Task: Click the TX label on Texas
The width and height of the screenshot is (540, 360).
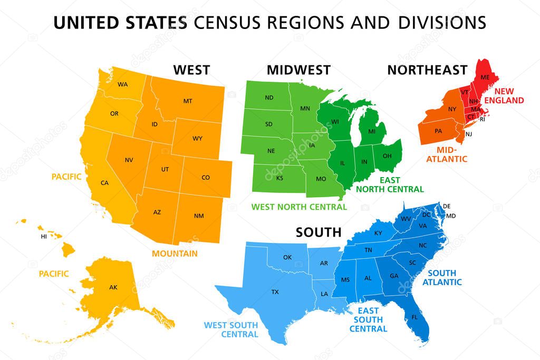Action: tap(275, 291)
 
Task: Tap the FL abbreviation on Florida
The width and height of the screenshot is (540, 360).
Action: tap(414, 317)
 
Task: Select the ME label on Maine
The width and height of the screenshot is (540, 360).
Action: tap(485, 77)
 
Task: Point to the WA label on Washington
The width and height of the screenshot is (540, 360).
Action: tap(122, 84)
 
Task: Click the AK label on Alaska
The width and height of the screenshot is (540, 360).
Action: tap(113, 287)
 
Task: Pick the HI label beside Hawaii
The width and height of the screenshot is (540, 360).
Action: tap(44, 237)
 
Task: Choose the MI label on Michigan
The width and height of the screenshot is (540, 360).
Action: tap(372, 131)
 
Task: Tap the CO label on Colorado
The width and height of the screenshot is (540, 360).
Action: tap(206, 178)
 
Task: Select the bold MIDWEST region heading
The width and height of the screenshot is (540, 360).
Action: tap(298, 70)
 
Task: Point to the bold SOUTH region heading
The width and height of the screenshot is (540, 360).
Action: tap(318, 232)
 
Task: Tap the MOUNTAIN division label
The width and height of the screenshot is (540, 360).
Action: tap(175, 254)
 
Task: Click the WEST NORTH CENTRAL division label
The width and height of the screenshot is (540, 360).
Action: tap(299, 207)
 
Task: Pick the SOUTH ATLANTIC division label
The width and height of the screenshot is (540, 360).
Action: tap(445, 277)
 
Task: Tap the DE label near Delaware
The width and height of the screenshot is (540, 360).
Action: tap(447, 206)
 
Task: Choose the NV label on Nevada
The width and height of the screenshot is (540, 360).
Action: tap(129, 160)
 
